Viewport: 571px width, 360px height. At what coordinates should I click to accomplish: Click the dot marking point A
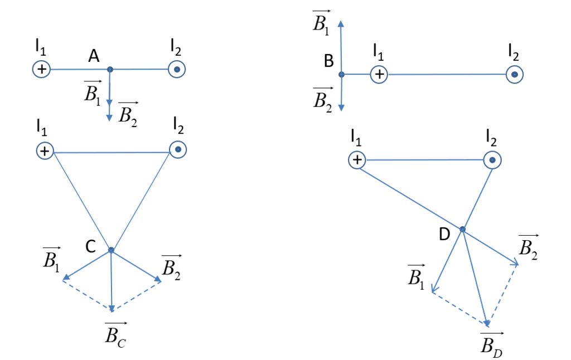110,69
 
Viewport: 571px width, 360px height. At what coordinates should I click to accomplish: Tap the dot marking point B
341,74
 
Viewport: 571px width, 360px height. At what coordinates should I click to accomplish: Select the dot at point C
111,250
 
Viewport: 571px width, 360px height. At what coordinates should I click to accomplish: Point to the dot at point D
462,229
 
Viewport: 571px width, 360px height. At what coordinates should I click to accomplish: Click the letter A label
94,56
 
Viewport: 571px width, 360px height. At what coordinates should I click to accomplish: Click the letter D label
444,235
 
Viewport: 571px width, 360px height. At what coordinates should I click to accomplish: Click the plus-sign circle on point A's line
41,69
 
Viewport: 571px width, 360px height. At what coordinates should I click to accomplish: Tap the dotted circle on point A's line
177,70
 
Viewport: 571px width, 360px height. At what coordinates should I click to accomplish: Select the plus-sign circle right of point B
379,74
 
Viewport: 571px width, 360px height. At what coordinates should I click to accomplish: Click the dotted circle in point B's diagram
515,74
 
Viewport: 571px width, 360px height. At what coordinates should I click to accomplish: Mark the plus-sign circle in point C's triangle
45,151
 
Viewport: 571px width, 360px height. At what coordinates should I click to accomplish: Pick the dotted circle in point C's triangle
178,150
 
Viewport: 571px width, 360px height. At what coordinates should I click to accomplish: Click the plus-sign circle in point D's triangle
357,160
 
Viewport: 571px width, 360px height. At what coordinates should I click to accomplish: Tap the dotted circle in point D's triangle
492,160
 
